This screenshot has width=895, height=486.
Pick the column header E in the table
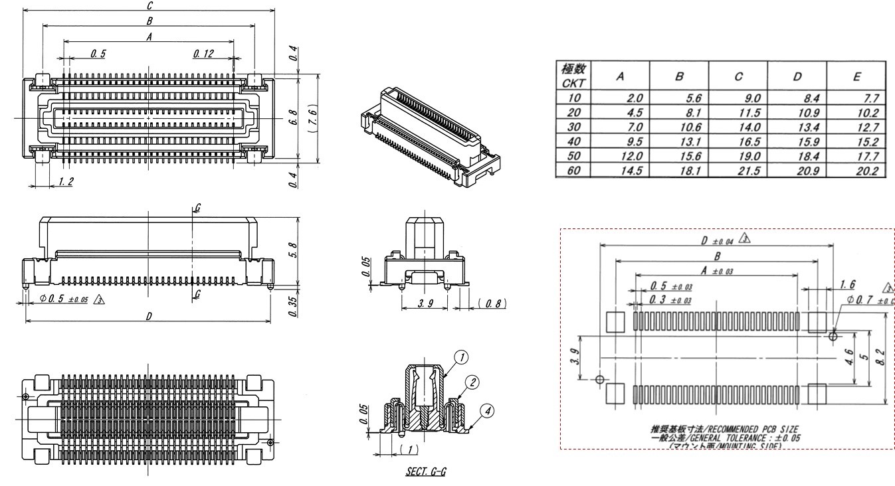[856, 77]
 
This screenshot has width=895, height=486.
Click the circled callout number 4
[487, 412]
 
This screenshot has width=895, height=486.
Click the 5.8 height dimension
[293, 250]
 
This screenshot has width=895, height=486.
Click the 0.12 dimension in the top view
[203, 54]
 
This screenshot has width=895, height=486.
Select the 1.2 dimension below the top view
[65, 181]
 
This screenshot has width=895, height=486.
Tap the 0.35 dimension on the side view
[293, 304]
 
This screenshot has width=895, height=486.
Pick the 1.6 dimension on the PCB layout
[848, 284]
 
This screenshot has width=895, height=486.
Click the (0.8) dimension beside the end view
[491, 303]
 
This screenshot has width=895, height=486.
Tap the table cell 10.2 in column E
[865, 112]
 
